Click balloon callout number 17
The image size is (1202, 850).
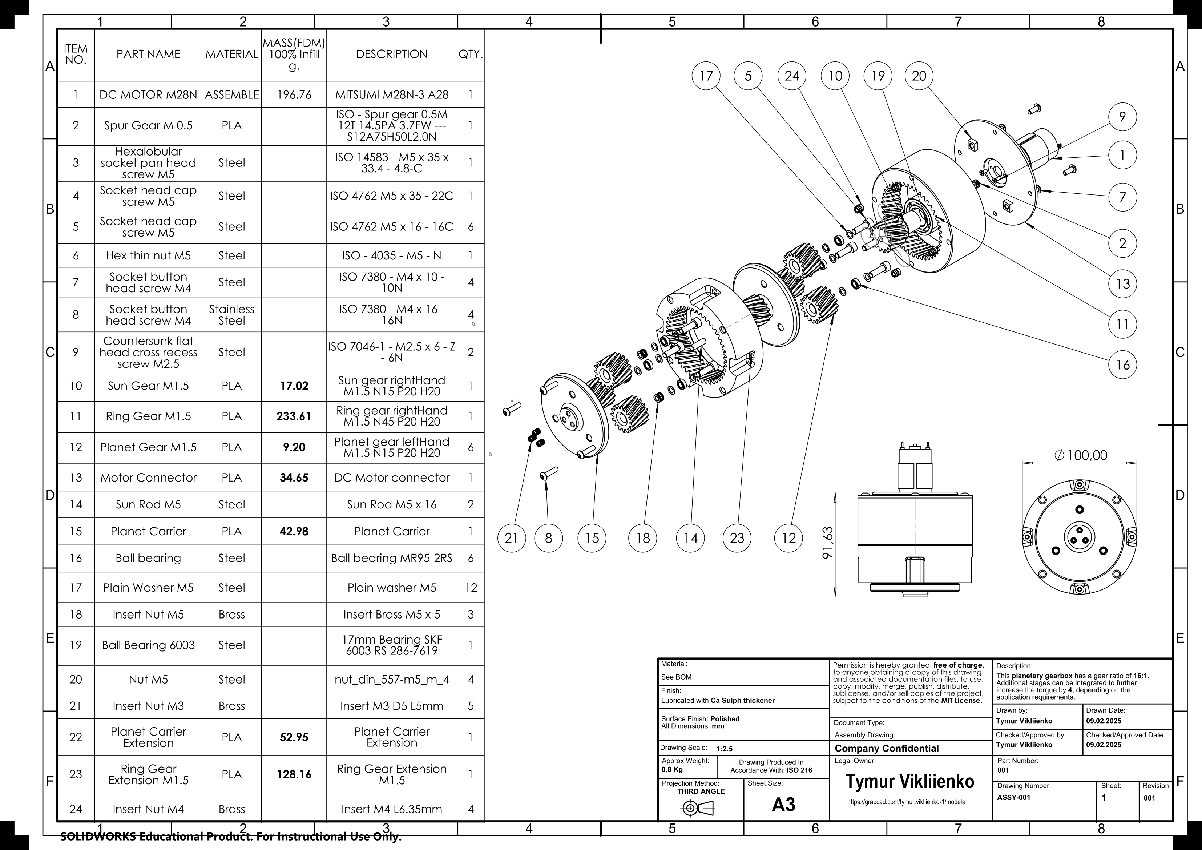tap(706, 76)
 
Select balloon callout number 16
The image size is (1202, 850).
tap(1122, 364)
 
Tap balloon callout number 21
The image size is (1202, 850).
tap(511, 538)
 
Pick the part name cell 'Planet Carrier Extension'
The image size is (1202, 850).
tap(148, 737)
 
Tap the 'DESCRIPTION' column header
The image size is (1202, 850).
tap(392, 54)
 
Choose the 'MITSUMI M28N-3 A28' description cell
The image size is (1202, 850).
tap(392, 95)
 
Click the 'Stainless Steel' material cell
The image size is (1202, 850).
tap(231, 315)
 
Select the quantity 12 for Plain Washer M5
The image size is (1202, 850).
tap(471, 588)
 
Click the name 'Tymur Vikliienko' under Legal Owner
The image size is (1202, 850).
tap(910, 781)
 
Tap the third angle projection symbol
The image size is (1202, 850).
tap(697, 809)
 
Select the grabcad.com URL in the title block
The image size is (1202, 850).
tap(906, 802)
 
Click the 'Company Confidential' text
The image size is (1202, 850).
tap(887, 748)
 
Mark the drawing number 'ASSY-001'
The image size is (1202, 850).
tap(1013, 798)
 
